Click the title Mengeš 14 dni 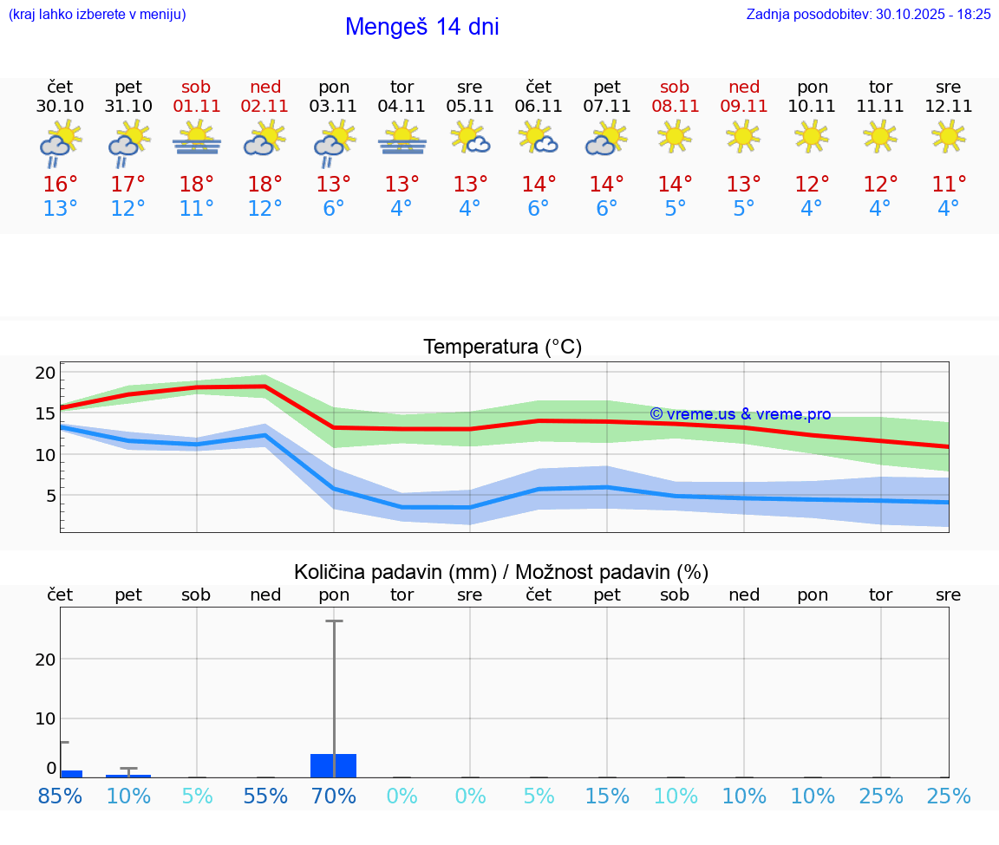(421, 27)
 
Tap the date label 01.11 (197, 107)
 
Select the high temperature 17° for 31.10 (127, 185)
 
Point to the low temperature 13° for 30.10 (60, 209)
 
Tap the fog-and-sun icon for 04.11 (402, 138)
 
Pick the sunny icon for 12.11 (948, 136)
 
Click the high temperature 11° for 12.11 (949, 185)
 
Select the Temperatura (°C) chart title (502, 348)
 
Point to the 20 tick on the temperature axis (46, 374)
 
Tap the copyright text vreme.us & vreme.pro (740, 414)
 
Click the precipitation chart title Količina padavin (501, 572)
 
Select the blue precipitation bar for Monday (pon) (334, 765)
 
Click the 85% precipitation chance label (60, 796)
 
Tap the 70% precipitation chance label (334, 796)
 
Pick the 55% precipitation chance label (265, 796)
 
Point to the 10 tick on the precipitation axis (46, 718)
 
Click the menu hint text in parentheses (97, 15)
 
